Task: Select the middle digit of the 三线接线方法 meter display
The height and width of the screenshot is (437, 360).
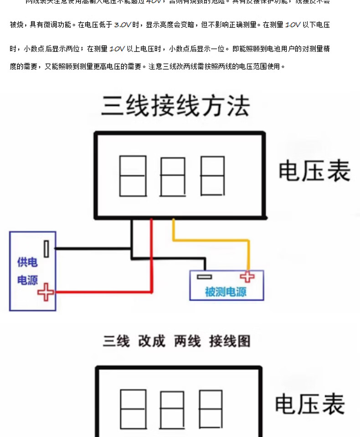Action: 173,177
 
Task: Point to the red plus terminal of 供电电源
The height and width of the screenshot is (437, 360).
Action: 45,292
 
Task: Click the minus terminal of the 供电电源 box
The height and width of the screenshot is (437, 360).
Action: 46,249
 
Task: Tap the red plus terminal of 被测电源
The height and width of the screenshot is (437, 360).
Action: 247,276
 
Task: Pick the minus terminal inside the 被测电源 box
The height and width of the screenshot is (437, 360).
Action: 204,276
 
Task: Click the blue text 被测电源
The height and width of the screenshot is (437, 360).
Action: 226,292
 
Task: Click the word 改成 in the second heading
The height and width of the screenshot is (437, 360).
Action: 152,341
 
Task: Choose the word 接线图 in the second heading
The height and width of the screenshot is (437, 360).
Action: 230,341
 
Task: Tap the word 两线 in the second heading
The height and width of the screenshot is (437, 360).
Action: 187,341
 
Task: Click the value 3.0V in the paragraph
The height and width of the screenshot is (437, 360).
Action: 123,25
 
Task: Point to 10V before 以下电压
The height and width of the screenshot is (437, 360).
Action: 293,25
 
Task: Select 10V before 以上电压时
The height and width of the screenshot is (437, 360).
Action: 117,48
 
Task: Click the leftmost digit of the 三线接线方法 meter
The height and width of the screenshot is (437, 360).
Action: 133,177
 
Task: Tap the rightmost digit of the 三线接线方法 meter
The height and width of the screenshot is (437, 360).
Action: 212,177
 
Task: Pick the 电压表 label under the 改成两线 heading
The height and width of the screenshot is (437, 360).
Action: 310,404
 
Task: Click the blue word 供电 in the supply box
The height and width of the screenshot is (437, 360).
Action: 27,262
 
